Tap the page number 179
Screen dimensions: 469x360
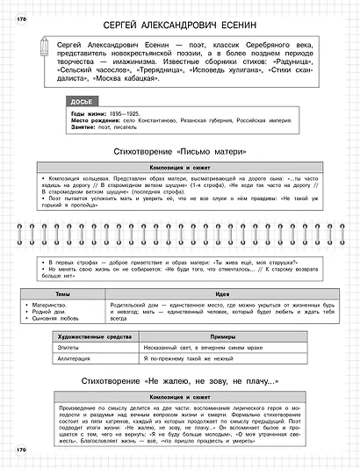point(22,451)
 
